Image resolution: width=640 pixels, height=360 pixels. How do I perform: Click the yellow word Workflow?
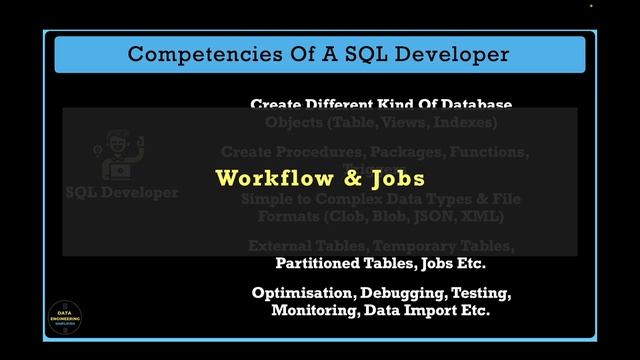(262, 179)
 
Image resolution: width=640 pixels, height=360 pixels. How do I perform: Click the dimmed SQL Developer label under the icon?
(122, 192)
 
